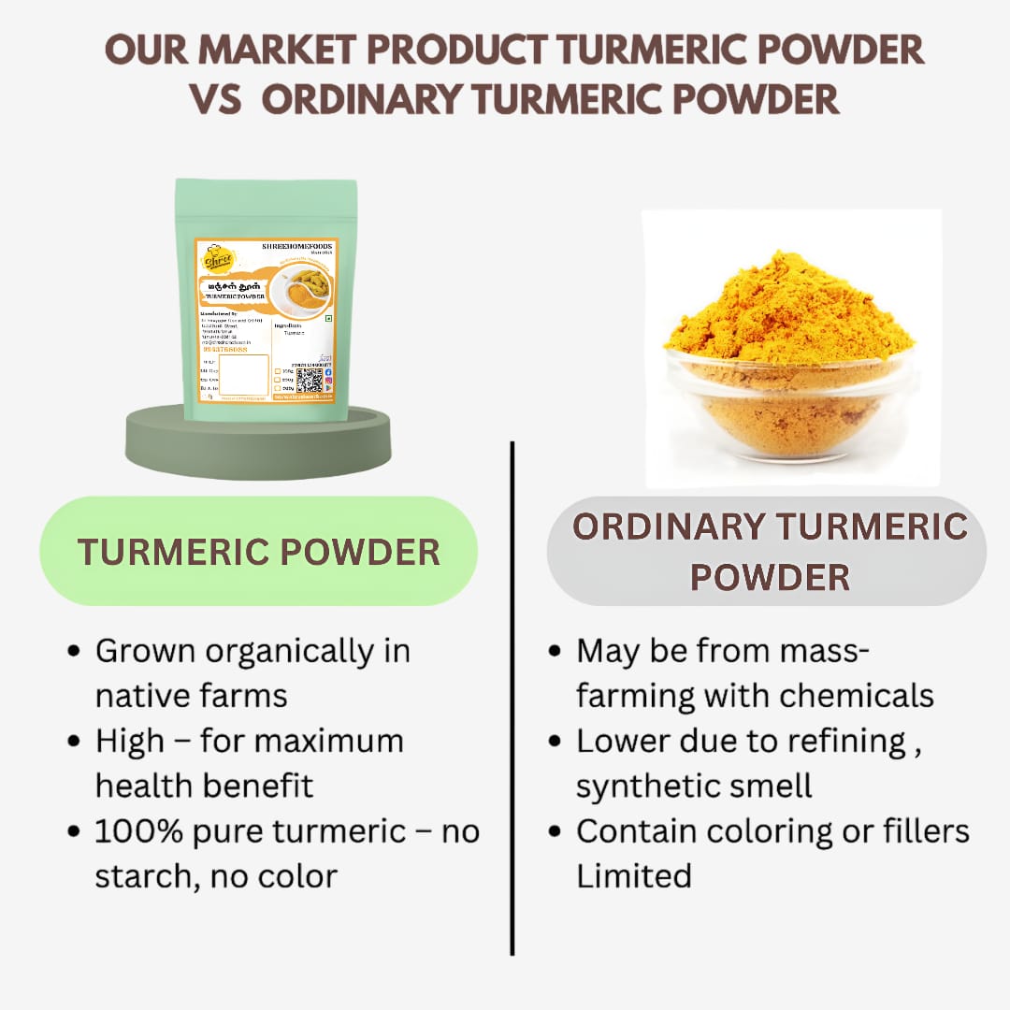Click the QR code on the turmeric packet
[310, 381]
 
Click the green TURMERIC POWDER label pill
[258, 552]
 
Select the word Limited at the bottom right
[633, 876]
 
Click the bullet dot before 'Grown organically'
[75, 651]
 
